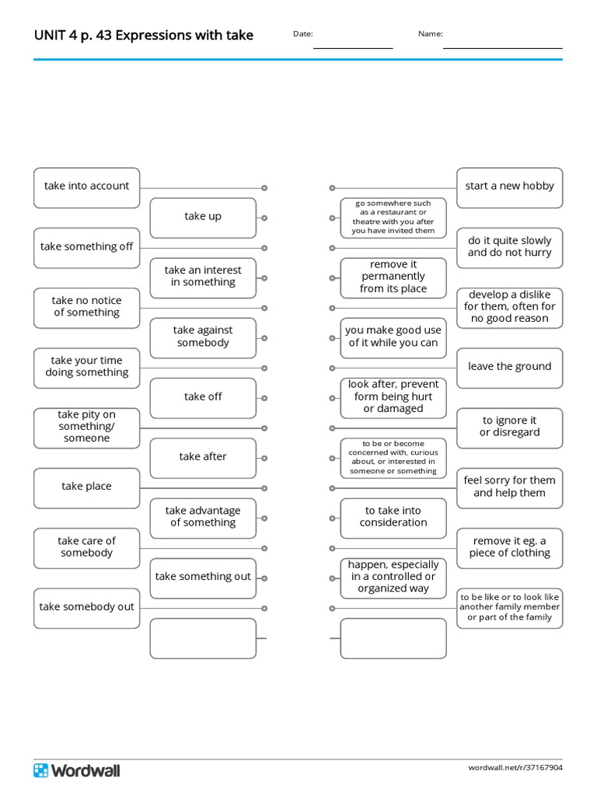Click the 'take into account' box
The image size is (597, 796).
87,188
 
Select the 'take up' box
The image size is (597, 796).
203,218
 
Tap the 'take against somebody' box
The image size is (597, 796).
203,338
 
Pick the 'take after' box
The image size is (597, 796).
203,458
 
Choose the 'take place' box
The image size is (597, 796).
87,488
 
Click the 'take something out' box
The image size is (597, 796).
203,578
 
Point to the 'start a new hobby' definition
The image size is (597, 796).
510,188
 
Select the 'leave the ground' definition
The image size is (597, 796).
510,368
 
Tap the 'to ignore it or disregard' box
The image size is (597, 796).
510,428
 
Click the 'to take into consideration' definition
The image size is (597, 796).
393,518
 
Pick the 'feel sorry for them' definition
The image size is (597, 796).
510,488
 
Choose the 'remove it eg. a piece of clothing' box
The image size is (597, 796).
510,548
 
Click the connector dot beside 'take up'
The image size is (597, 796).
264,218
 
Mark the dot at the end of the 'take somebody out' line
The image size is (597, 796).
264,608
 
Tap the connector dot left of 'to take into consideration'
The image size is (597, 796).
332,518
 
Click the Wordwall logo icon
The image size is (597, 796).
40,770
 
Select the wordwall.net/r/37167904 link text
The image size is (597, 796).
515,767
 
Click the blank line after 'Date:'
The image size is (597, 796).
353,48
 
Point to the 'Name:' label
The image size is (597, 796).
431,34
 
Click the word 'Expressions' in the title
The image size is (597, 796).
148,35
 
